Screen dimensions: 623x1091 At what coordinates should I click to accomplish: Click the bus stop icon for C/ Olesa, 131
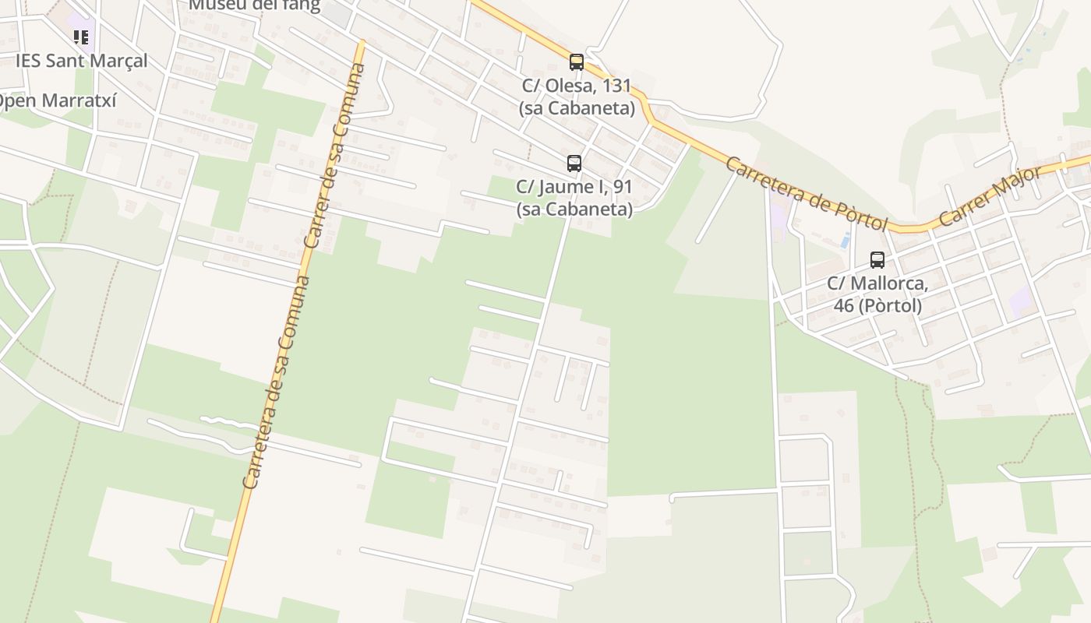576,62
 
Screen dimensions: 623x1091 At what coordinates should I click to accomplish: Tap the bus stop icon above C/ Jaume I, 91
574,164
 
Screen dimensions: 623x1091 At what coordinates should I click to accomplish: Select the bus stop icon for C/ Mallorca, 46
877,260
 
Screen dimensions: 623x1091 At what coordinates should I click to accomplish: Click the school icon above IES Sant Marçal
81,37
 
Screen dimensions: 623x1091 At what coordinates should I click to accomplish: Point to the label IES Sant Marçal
81,61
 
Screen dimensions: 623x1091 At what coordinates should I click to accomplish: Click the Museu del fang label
254,5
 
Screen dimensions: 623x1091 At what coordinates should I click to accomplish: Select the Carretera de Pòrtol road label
806,193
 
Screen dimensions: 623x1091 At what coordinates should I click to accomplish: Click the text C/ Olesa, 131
577,86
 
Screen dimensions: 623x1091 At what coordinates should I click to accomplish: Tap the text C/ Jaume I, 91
574,187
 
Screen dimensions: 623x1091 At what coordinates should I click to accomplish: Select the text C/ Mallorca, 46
877,283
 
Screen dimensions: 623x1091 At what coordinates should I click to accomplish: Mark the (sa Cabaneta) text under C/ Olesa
577,108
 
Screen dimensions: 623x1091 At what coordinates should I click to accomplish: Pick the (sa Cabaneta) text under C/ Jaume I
574,209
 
